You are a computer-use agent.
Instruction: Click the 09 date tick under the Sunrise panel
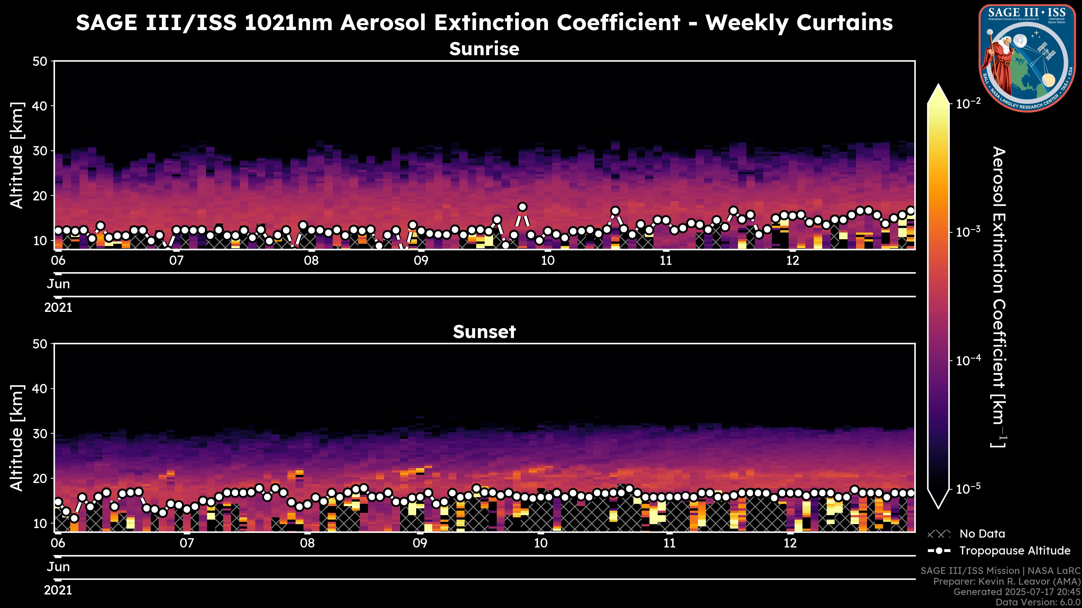(421, 261)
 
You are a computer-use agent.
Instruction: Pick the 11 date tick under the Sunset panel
(669, 543)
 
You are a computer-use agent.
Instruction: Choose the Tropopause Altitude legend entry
(1014, 551)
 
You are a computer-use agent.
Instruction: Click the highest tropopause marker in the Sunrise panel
(522, 207)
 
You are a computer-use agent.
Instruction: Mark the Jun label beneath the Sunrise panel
(58, 284)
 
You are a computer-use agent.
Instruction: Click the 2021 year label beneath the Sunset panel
(58, 590)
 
